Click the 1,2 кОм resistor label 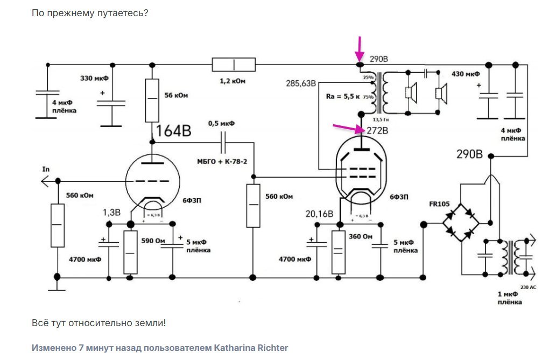coord(232,81)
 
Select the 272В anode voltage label coord(377,131)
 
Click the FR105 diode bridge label coord(440,203)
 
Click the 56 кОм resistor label coord(175,95)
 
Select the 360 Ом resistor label coord(361,237)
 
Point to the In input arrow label coord(46,170)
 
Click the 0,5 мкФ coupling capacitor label coord(221,123)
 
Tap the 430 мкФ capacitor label coord(466,74)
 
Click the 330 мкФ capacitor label coord(94,79)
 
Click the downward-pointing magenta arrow coord(360,50)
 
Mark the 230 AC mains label coord(529,287)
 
